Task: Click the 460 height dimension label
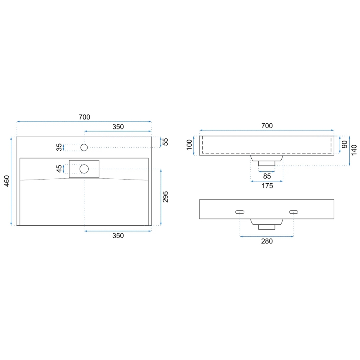click(x=7, y=181)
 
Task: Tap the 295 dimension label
click(x=165, y=197)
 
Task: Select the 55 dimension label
click(x=165, y=142)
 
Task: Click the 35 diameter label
click(x=59, y=147)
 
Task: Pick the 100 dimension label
click(x=189, y=145)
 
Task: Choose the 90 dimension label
click(x=344, y=145)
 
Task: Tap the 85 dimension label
click(x=267, y=176)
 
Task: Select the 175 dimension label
click(x=267, y=186)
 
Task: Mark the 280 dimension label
click(x=267, y=241)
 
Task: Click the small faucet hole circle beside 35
click(x=84, y=147)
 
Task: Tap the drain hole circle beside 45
click(x=84, y=169)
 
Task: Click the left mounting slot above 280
click(x=240, y=212)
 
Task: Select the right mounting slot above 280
click(x=294, y=212)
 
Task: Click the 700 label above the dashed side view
click(x=267, y=126)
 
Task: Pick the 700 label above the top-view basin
click(x=84, y=117)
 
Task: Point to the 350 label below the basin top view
click(x=118, y=236)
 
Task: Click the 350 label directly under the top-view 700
click(x=118, y=127)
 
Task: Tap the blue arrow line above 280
click(x=267, y=236)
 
